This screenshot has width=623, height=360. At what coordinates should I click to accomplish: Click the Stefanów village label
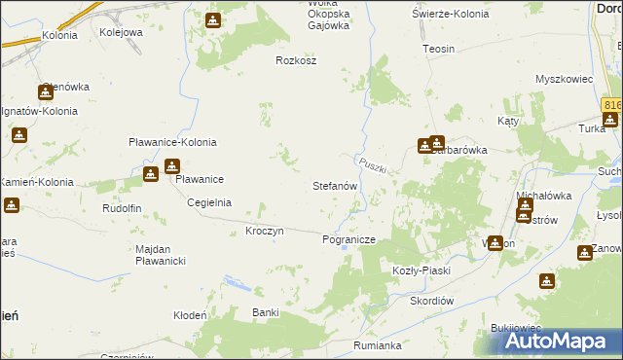336,185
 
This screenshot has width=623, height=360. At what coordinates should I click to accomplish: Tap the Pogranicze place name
348,238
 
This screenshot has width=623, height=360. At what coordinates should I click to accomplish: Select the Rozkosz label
297,59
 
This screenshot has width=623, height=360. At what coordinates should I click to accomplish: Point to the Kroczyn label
265,231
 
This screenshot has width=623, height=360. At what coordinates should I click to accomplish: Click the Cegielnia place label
209,202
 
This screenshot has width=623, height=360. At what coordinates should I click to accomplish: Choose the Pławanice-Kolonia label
172,142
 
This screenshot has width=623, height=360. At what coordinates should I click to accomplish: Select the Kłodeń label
190,315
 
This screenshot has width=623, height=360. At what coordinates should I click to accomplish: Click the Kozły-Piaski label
421,270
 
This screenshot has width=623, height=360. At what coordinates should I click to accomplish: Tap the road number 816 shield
611,104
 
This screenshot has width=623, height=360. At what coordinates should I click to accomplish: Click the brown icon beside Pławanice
151,174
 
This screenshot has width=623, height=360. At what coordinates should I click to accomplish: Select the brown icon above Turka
609,121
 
